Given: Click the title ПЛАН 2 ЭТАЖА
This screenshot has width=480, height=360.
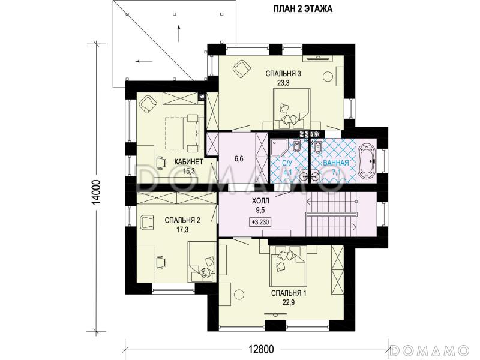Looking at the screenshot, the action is point(302,9).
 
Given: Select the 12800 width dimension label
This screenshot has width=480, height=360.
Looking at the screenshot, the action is point(261,349).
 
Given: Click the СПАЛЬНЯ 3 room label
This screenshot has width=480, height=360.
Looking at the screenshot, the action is point(283,74).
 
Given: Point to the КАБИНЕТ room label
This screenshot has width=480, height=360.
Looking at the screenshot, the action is point(188,162).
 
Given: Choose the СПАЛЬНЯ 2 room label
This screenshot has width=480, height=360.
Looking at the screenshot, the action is point(182,220).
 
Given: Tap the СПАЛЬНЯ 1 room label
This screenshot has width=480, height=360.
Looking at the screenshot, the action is point(289,293).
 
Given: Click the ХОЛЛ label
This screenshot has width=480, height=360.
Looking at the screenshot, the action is point(260,201).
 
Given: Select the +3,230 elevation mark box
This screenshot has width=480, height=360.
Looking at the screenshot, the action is point(261,221).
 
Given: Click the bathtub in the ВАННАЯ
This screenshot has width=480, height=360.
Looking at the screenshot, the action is point(367,160).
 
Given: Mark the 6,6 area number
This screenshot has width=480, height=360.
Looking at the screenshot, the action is point(239,159).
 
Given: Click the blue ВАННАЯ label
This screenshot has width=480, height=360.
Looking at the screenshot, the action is point(336,163).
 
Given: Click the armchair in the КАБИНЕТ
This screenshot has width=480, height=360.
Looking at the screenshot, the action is point(148,104).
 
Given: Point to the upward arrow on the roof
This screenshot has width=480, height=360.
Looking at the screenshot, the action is point(179,34).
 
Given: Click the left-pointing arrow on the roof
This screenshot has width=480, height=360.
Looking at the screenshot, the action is point(144,61).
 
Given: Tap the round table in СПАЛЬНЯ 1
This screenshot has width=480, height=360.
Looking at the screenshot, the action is point(239,295).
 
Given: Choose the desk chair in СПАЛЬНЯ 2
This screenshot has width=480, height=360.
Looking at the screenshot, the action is point(161,263).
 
